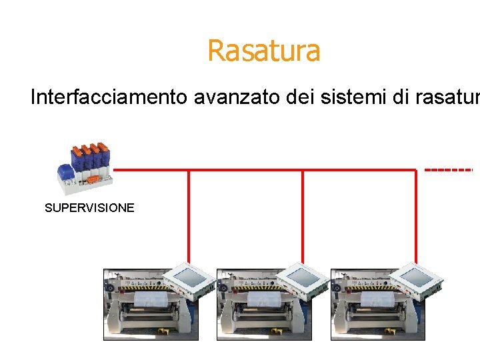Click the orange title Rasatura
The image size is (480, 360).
263,51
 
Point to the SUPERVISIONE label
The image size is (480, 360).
89,208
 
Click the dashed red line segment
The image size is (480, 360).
448,170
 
